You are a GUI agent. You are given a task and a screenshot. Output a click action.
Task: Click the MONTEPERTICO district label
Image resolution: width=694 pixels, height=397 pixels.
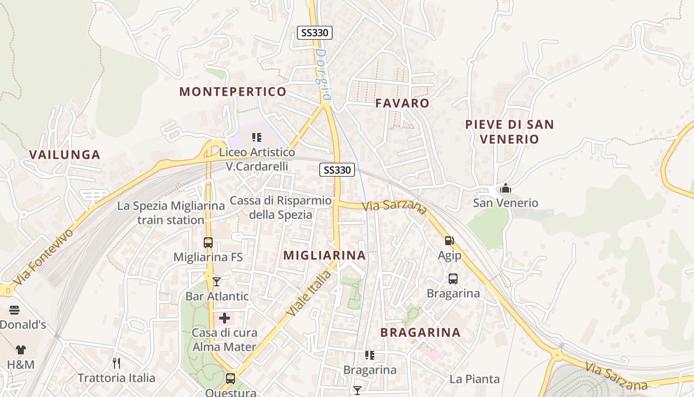pos(233,91)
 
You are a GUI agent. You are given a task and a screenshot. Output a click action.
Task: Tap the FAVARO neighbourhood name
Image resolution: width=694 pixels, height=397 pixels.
pos(402,103)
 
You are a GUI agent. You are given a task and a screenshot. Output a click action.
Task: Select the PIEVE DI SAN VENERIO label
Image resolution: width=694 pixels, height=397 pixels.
pos(509,132)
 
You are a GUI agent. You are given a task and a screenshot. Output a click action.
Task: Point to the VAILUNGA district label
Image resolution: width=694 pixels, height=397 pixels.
pos(65,154)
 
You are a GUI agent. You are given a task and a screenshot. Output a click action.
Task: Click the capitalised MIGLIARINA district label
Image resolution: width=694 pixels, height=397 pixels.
pos(324,255)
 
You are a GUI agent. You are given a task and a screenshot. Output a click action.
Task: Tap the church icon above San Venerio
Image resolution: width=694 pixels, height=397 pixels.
pos(506,188)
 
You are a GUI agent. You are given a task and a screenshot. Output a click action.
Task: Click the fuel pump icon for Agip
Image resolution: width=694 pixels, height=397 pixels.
pos(449,241)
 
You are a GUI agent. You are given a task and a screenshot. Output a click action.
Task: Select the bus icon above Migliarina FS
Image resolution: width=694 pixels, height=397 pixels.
pos(208,243)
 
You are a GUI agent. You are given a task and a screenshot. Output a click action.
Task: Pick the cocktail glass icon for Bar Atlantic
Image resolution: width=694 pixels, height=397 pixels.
pos(217,282)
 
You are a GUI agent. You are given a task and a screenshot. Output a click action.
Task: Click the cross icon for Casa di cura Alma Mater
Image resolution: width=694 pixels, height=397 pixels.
pos(225,318)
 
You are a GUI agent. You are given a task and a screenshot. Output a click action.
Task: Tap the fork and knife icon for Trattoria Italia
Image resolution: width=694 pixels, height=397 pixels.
pos(116,363)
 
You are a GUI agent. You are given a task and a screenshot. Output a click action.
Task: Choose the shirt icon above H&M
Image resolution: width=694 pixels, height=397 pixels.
pos(20,350)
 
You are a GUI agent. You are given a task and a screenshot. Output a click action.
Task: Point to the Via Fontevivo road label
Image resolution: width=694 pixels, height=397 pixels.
pos(44,257)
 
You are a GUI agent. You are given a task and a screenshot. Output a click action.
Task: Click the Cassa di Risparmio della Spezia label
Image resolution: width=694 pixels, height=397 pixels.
pos(281,207)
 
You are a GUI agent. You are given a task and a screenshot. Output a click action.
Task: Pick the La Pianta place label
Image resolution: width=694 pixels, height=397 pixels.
pos(474,379)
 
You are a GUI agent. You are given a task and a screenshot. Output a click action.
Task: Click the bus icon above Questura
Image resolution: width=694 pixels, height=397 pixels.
pos(231,379)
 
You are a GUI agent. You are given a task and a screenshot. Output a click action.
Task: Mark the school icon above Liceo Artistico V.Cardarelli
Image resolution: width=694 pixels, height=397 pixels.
pos(257,137)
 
